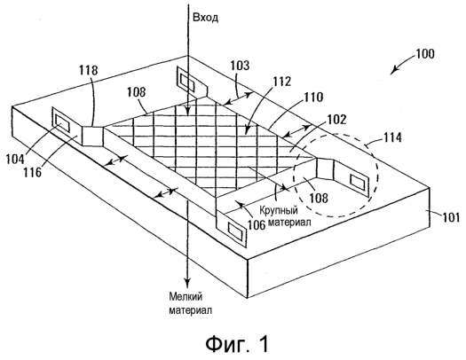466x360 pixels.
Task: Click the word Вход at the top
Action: coord(205,18)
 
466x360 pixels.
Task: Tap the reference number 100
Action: coord(424,54)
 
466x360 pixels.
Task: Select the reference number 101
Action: coord(451,217)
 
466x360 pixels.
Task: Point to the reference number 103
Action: coord(240,66)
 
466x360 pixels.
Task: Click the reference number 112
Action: coord(281,82)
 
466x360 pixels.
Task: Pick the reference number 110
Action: coord(313,97)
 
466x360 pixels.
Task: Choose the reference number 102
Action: coord(336,120)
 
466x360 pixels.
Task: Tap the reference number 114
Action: coord(392,137)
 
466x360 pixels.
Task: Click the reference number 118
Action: coord(88,70)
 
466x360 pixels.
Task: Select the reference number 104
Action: coord(15,159)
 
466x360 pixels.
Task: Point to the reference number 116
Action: coord(32,172)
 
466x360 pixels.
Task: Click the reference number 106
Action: coord(257,225)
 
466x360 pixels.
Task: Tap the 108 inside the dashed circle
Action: coord(319,198)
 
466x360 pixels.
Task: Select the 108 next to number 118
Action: coord(137,92)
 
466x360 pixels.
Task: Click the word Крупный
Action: coord(279,211)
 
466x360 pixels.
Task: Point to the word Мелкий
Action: coord(186,296)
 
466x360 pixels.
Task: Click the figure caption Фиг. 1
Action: coord(237,344)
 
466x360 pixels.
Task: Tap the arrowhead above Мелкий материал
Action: coord(187,282)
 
